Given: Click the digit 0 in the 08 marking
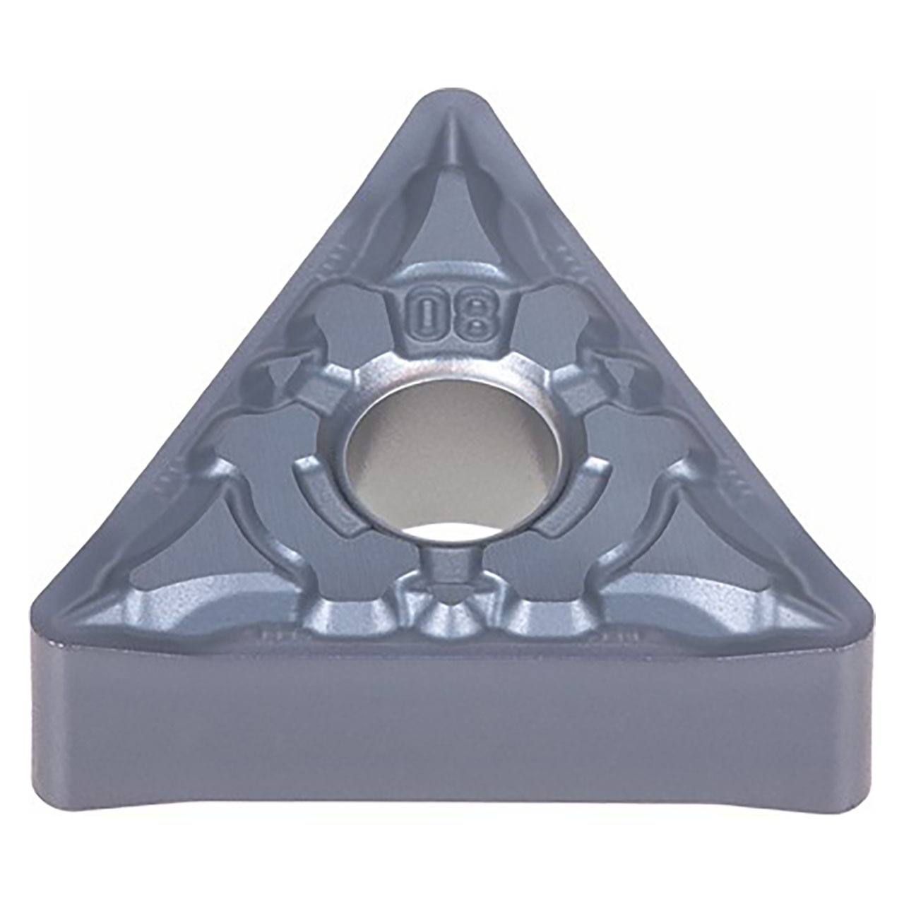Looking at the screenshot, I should click(x=427, y=315).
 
